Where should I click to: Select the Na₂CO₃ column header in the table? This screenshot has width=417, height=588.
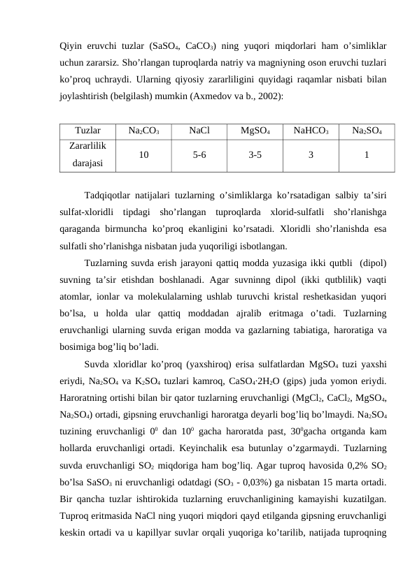point(143,131)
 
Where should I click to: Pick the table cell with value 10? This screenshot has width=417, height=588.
point(143,155)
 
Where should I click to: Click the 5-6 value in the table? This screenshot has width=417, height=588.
point(199,155)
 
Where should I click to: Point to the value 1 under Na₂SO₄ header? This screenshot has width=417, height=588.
point(367,155)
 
